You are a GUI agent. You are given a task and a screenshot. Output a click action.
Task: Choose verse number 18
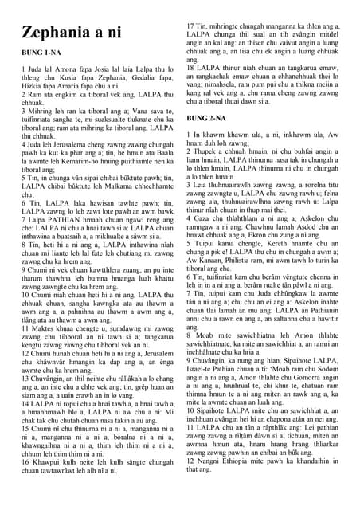(192, 68)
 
